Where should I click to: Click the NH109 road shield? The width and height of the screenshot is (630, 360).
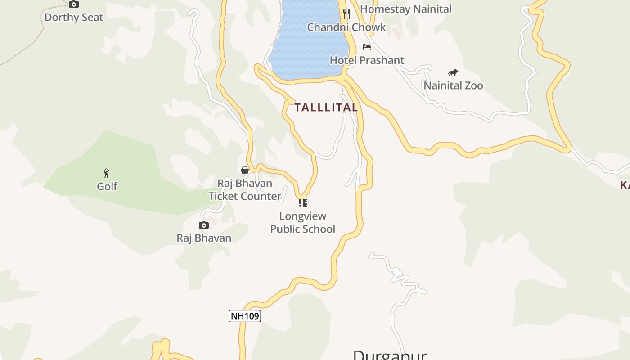click(245, 316)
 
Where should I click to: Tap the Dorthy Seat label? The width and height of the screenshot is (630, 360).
click(74, 18)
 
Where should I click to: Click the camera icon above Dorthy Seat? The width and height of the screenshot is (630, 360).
click(74, 4)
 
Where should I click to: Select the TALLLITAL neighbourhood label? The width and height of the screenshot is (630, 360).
click(326, 108)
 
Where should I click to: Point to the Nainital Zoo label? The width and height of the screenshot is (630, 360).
click(453, 85)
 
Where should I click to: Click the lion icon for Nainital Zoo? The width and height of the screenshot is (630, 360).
click(453, 72)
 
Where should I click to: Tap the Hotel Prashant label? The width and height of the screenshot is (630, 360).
click(367, 60)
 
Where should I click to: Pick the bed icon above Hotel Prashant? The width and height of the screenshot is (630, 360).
click(367, 47)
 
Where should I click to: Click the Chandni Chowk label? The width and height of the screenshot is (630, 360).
click(346, 27)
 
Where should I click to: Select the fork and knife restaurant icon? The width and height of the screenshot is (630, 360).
click(346, 13)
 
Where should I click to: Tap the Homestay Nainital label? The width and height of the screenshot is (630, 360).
click(405, 9)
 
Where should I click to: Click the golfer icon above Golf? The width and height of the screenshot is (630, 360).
click(106, 173)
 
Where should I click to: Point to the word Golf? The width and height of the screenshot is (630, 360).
click(107, 186)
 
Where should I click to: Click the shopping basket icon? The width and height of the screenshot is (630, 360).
click(245, 170)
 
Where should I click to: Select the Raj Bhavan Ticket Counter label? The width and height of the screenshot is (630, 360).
click(245, 190)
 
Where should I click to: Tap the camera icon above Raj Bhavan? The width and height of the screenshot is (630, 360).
click(204, 225)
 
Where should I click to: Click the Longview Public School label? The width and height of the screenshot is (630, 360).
click(303, 223)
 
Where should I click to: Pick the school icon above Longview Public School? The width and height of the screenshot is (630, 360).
click(303, 203)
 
